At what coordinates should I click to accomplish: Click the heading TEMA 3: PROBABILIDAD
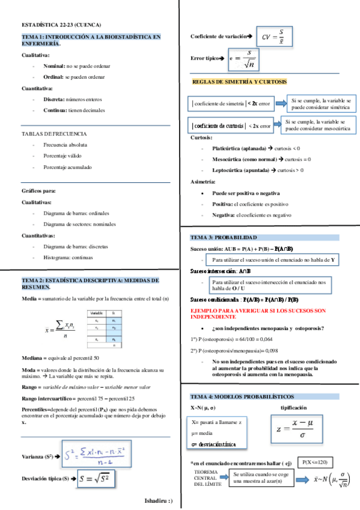(224, 238)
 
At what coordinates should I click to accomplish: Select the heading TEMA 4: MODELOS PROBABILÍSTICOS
(242, 398)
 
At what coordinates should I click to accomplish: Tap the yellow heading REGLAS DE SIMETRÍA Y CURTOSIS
(239, 81)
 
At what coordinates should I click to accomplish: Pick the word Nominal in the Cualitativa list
(54, 66)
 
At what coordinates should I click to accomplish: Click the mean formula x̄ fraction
(58, 330)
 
